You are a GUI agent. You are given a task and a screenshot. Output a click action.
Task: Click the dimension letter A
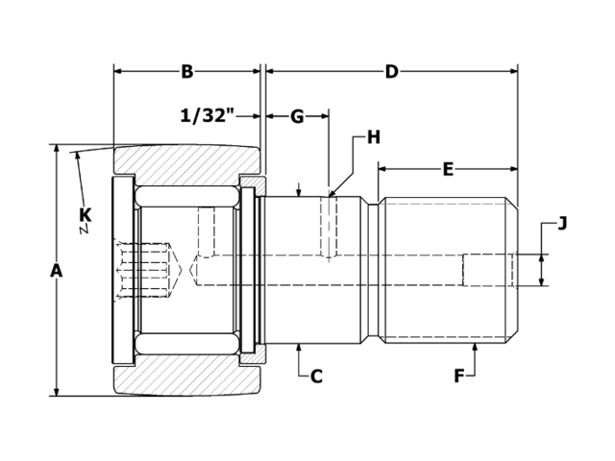[56, 271]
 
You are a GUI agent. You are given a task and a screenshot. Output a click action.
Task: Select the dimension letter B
[187, 71]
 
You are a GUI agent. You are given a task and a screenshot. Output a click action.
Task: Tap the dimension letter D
[391, 71]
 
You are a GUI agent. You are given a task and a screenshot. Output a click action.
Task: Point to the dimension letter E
[448, 169]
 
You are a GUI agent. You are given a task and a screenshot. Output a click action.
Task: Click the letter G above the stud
[297, 116]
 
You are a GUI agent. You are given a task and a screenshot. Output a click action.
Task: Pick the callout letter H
[373, 137]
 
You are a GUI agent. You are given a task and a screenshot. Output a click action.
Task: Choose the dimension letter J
[562, 224]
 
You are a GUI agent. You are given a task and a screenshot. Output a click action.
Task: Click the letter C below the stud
[316, 376]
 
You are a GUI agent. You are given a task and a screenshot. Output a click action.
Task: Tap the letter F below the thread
[459, 376]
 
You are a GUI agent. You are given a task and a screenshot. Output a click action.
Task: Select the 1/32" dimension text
[208, 116]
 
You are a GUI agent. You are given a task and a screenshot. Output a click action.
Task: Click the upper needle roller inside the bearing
[187, 195]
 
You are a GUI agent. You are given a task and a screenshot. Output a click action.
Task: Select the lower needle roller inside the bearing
[187, 343]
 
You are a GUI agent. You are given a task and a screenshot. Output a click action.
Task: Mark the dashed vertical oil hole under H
[328, 229]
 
